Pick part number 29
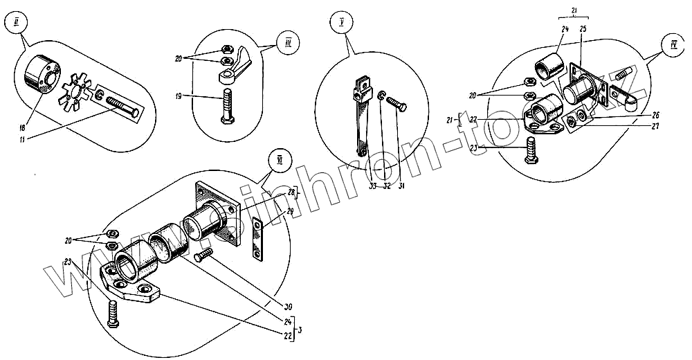pos(290,210)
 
